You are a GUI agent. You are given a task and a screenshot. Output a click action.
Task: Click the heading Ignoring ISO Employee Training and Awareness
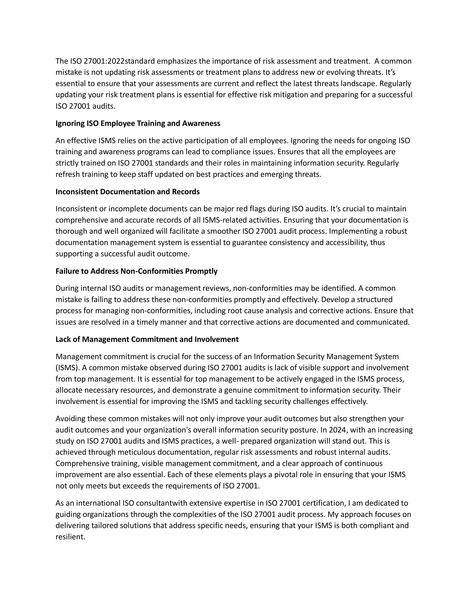138,123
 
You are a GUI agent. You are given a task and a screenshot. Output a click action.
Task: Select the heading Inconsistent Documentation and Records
127,192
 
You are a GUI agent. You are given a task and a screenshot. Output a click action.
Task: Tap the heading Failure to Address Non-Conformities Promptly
136,271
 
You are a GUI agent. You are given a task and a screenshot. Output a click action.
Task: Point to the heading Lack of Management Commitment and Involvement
147,339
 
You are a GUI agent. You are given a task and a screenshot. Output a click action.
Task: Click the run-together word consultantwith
162,503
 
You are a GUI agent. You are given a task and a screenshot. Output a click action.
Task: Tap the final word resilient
70,537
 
